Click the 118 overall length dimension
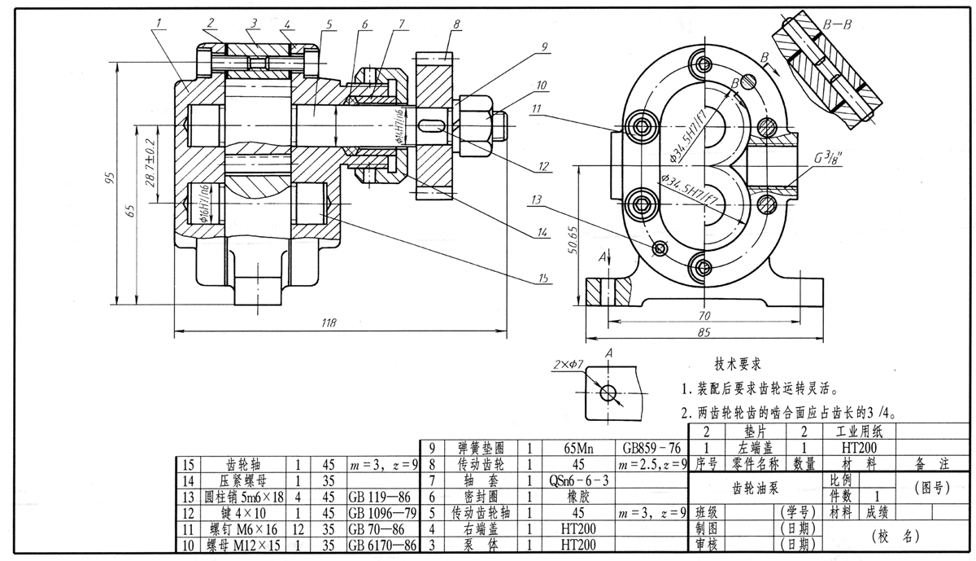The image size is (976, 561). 329,324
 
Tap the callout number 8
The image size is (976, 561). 457,25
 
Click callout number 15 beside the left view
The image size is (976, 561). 542,278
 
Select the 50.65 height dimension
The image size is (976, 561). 572,240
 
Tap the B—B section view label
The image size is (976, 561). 837,25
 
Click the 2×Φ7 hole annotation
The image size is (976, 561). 566,361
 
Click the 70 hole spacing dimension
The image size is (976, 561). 704,315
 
